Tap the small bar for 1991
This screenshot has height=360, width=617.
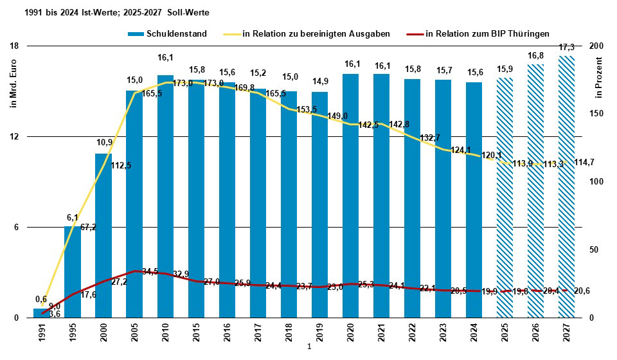tap(42, 313)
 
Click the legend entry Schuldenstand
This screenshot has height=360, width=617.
tap(167, 34)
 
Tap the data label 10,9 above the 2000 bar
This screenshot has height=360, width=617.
tap(104, 142)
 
